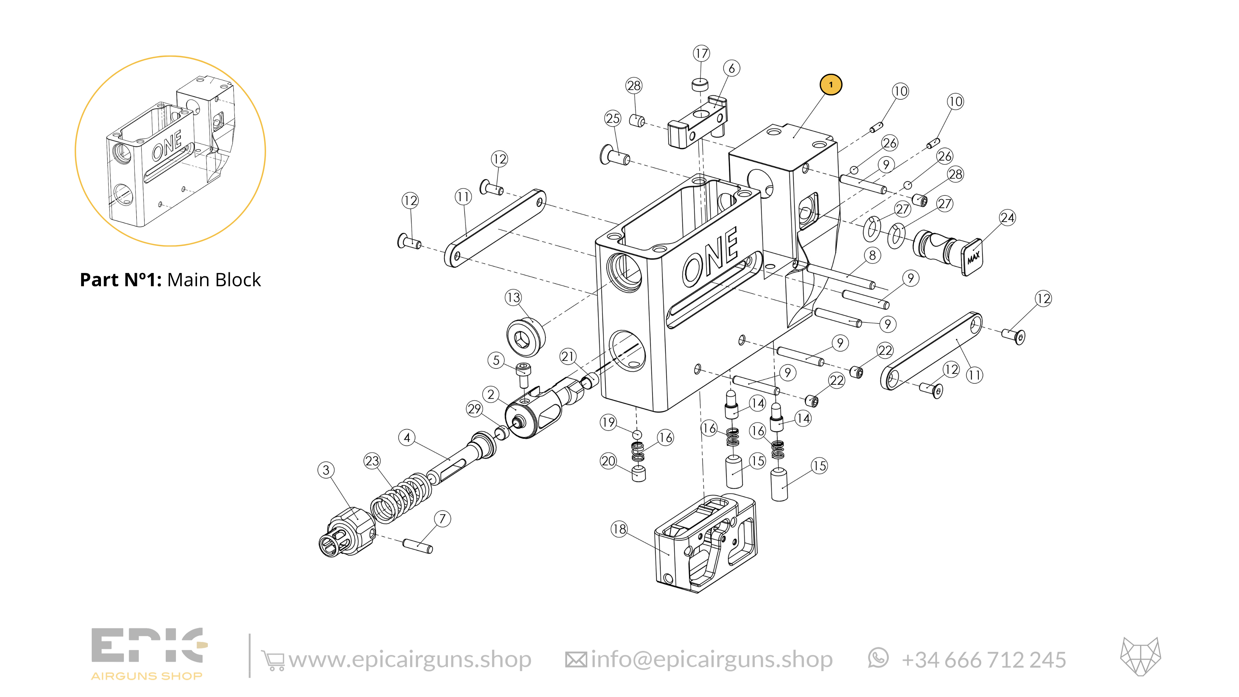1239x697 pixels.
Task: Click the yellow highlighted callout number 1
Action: (x=831, y=85)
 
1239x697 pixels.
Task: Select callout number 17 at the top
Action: (x=701, y=53)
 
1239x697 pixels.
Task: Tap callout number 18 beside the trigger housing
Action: (x=619, y=529)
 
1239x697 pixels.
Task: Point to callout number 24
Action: (x=1007, y=218)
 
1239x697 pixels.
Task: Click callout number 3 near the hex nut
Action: (x=326, y=470)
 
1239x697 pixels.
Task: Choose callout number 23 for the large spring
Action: (x=372, y=461)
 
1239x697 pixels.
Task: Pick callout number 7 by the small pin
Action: (x=443, y=519)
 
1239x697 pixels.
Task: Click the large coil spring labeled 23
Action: (x=401, y=499)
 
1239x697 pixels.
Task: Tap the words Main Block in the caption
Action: (x=214, y=280)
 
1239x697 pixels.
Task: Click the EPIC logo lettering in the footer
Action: (x=149, y=645)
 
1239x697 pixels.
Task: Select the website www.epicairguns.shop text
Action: (x=410, y=660)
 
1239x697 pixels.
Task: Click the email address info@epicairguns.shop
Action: (x=711, y=660)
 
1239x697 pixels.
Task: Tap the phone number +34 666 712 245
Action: (x=983, y=660)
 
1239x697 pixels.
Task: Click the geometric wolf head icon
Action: (x=1140, y=657)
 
